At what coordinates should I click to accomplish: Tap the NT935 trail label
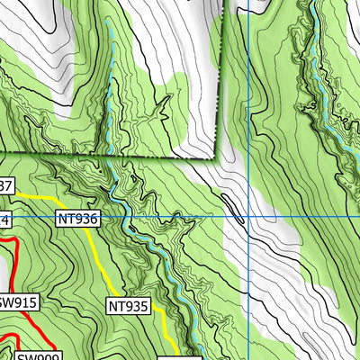click(128, 306)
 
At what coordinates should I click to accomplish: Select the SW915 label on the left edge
click(17, 302)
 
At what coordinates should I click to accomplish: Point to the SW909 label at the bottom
click(34, 354)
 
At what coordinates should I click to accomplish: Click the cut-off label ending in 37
click(5, 186)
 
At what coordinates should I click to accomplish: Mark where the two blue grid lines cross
click(248, 217)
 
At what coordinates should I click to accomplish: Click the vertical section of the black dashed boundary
click(220, 72)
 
